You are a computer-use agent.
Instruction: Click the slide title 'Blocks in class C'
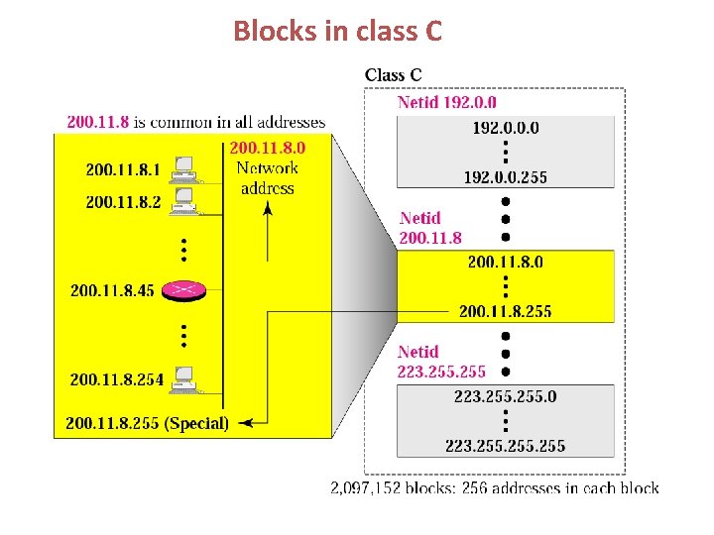pos(337,32)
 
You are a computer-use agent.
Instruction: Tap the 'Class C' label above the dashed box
pos(393,74)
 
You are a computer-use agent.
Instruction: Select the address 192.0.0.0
pos(506,128)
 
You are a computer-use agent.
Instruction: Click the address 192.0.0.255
pos(506,177)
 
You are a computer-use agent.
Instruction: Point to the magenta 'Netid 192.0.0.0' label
pos(447,102)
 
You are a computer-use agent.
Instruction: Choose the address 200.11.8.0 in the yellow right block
pos(506,262)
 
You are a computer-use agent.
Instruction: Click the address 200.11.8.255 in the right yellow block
pos(506,311)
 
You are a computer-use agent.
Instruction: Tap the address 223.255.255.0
pos(506,396)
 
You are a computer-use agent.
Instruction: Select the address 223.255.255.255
pos(506,446)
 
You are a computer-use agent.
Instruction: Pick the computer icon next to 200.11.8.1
pos(182,169)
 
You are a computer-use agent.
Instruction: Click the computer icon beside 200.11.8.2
pos(182,201)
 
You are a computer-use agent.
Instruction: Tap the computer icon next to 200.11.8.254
pos(182,378)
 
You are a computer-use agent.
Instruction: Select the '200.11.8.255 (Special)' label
pos(147,423)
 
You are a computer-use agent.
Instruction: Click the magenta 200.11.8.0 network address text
pos(268,148)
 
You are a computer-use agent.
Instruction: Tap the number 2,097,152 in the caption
pos(367,487)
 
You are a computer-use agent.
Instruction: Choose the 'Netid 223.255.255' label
pos(441,362)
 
